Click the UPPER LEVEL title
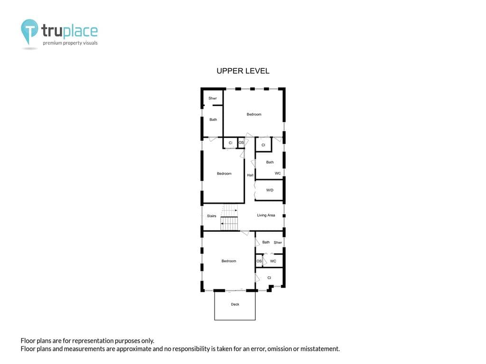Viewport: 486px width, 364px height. pos(243,71)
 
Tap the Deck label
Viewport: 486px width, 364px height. pos(235,304)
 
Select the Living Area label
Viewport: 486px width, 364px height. pos(266,215)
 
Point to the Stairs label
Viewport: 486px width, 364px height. pos(212,216)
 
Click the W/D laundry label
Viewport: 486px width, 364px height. pos(270,190)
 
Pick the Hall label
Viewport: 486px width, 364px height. pos(250,175)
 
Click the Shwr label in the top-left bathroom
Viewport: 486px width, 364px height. pos(213,98)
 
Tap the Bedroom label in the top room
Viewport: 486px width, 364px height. pos(254,114)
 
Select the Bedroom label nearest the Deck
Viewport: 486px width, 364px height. pos(229,261)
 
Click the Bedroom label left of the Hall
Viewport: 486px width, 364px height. pos(224,173)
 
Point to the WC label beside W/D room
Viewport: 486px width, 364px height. pos(278,173)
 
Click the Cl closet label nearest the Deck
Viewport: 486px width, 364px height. pos(269,278)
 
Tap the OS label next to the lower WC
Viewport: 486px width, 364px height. pos(259,261)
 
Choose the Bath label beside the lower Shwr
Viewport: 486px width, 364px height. pos(266,242)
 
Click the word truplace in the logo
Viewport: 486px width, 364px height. pos(69,31)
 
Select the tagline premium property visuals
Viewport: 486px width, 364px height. pos(70,43)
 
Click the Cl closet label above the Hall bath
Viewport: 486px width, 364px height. pos(263,145)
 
